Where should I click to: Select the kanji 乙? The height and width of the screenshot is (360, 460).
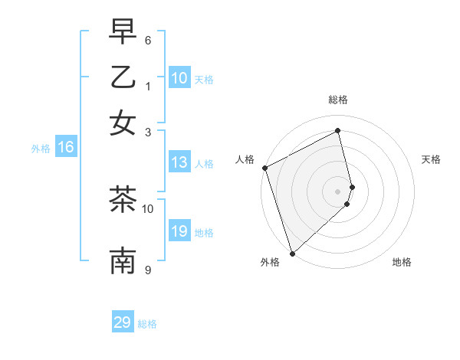[123, 77]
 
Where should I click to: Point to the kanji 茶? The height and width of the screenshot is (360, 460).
[123, 200]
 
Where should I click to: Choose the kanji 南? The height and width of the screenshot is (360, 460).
[123, 260]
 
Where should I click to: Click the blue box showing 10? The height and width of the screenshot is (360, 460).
[179, 78]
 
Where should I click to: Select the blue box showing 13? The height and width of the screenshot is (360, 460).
[179, 162]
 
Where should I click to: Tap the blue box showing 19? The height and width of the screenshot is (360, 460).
[179, 232]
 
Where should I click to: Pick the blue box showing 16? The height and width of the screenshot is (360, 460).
[66, 148]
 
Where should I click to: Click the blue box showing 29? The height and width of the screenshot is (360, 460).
[123, 322]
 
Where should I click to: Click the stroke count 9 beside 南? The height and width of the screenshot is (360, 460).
[148, 270]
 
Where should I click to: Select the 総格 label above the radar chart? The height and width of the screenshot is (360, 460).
[338, 100]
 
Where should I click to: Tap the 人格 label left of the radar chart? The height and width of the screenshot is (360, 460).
[245, 159]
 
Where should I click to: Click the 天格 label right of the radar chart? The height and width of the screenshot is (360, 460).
[431, 159]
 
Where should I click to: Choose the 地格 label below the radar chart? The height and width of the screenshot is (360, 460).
[402, 262]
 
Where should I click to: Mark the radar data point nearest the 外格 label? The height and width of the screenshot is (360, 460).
[292, 253]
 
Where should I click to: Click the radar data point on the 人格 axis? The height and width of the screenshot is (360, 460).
[264, 168]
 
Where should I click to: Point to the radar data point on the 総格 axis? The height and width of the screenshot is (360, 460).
[338, 131]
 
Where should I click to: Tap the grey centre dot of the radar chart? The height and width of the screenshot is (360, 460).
[338, 191]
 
